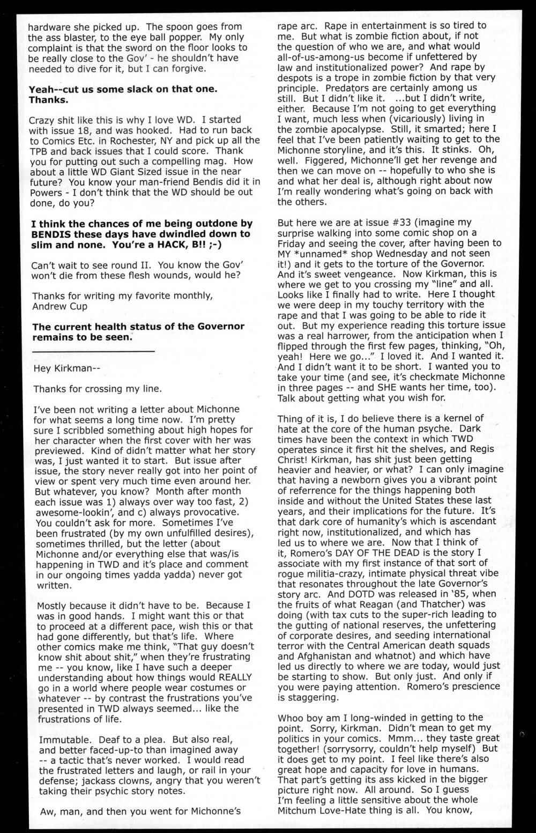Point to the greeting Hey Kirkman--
[66, 368]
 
